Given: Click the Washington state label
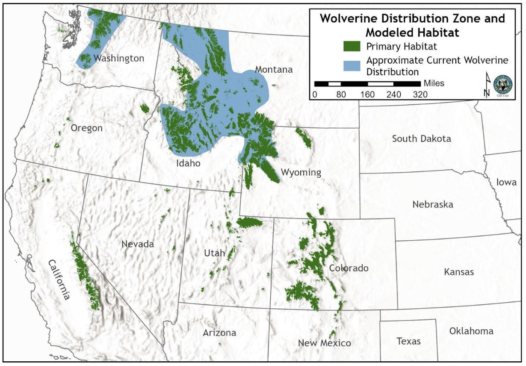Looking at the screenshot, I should click(119, 58).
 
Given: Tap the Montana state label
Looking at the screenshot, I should click(274, 69).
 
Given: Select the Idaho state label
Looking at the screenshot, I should click(188, 163).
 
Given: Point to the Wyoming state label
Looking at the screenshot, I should click(301, 172).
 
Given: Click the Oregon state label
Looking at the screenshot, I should click(87, 128).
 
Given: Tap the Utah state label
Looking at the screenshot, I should click(214, 253).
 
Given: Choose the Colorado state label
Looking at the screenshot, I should click(349, 268).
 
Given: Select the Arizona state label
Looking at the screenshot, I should click(219, 333).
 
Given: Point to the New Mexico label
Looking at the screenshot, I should click(325, 343).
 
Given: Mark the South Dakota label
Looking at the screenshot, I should click(421, 139).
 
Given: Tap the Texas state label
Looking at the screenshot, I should click(408, 341).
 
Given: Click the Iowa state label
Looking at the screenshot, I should click(506, 182).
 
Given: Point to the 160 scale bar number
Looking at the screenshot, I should click(367, 94).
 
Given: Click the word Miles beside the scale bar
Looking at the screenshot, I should click(434, 83).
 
